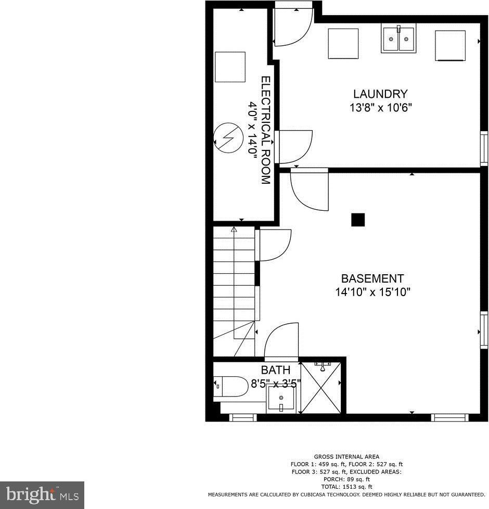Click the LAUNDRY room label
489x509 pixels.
[380, 94]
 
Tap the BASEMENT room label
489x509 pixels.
[372, 278]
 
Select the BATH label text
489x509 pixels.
[276, 370]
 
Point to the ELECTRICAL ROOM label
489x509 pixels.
[266, 130]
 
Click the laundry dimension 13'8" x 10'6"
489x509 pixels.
[380, 107]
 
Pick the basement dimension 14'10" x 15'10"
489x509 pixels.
[373, 292]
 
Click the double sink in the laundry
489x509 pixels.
[398, 39]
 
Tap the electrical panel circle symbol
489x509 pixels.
[229, 137]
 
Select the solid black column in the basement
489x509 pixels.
[358, 220]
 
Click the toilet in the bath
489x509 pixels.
[230, 386]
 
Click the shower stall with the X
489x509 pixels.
[321, 388]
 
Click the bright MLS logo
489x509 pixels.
[42, 495]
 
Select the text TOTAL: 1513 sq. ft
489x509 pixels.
[346, 487]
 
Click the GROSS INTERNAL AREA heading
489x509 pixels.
[346, 457]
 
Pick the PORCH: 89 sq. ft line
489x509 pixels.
[346, 479]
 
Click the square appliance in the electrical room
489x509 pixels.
[230, 67]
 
